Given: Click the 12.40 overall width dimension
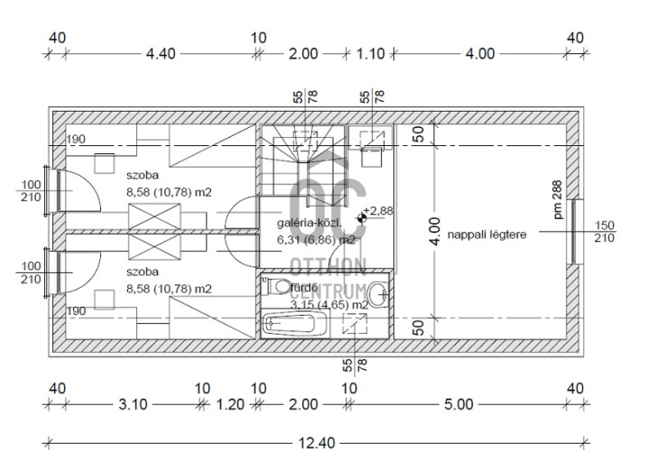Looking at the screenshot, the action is click(317, 443).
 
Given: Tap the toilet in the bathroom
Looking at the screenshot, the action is click(275, 287).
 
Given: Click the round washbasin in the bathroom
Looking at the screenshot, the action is click(379, 294).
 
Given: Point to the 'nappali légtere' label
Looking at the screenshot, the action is click(486, 235).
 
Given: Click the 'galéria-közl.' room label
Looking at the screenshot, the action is click(310, 223).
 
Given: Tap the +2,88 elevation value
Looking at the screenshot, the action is click(378, 210).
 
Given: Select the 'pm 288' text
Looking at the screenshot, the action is click(557, 199).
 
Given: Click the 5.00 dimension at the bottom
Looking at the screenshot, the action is click(458, 404).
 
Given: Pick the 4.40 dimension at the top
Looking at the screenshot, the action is click(161, 53).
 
